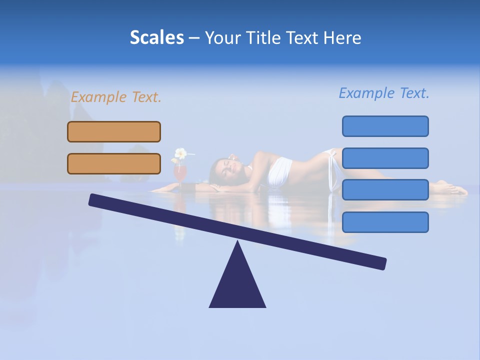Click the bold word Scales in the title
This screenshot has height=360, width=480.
156,37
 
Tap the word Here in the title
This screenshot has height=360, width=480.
342,38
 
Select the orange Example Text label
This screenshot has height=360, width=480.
116,97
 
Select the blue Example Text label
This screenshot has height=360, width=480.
384,93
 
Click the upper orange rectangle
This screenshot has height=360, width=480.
114,131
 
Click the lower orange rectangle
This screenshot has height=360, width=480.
114,163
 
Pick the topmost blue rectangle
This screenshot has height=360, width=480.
385,126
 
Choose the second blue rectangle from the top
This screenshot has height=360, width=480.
385,158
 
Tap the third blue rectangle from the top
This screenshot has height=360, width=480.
385,189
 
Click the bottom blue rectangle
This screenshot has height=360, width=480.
385,222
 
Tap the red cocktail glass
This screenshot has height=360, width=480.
180,173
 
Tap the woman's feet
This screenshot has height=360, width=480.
452,189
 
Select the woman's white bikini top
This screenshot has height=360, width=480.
280,170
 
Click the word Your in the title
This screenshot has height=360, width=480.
222,38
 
